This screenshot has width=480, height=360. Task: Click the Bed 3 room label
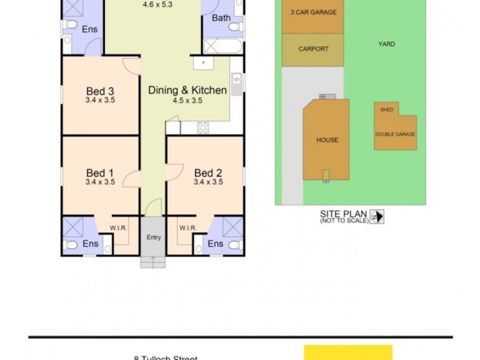(100, 91)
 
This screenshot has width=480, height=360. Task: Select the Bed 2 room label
(208, 173)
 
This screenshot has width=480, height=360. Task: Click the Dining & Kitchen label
(187, 91)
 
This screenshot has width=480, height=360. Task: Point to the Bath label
(221, 18)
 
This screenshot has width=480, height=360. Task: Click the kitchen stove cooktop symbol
(203, 127)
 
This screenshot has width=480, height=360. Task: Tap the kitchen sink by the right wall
(237, 83)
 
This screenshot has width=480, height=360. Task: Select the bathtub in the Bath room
(223, 46)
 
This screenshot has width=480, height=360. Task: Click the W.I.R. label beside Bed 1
(117, 227)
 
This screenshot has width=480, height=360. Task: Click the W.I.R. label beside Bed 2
(188, 227)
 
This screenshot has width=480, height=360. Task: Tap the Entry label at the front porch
(154, 237)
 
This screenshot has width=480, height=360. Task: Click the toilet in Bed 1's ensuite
(71, 244)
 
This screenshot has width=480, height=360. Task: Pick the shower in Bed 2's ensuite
(231, 226)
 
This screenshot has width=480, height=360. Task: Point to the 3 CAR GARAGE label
(313, 12)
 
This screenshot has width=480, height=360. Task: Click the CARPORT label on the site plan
(313, 49)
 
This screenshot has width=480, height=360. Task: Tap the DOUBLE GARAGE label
(395, 134)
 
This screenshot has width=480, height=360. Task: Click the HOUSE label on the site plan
(327, 140)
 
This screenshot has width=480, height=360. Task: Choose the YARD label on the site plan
(387, 44)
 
